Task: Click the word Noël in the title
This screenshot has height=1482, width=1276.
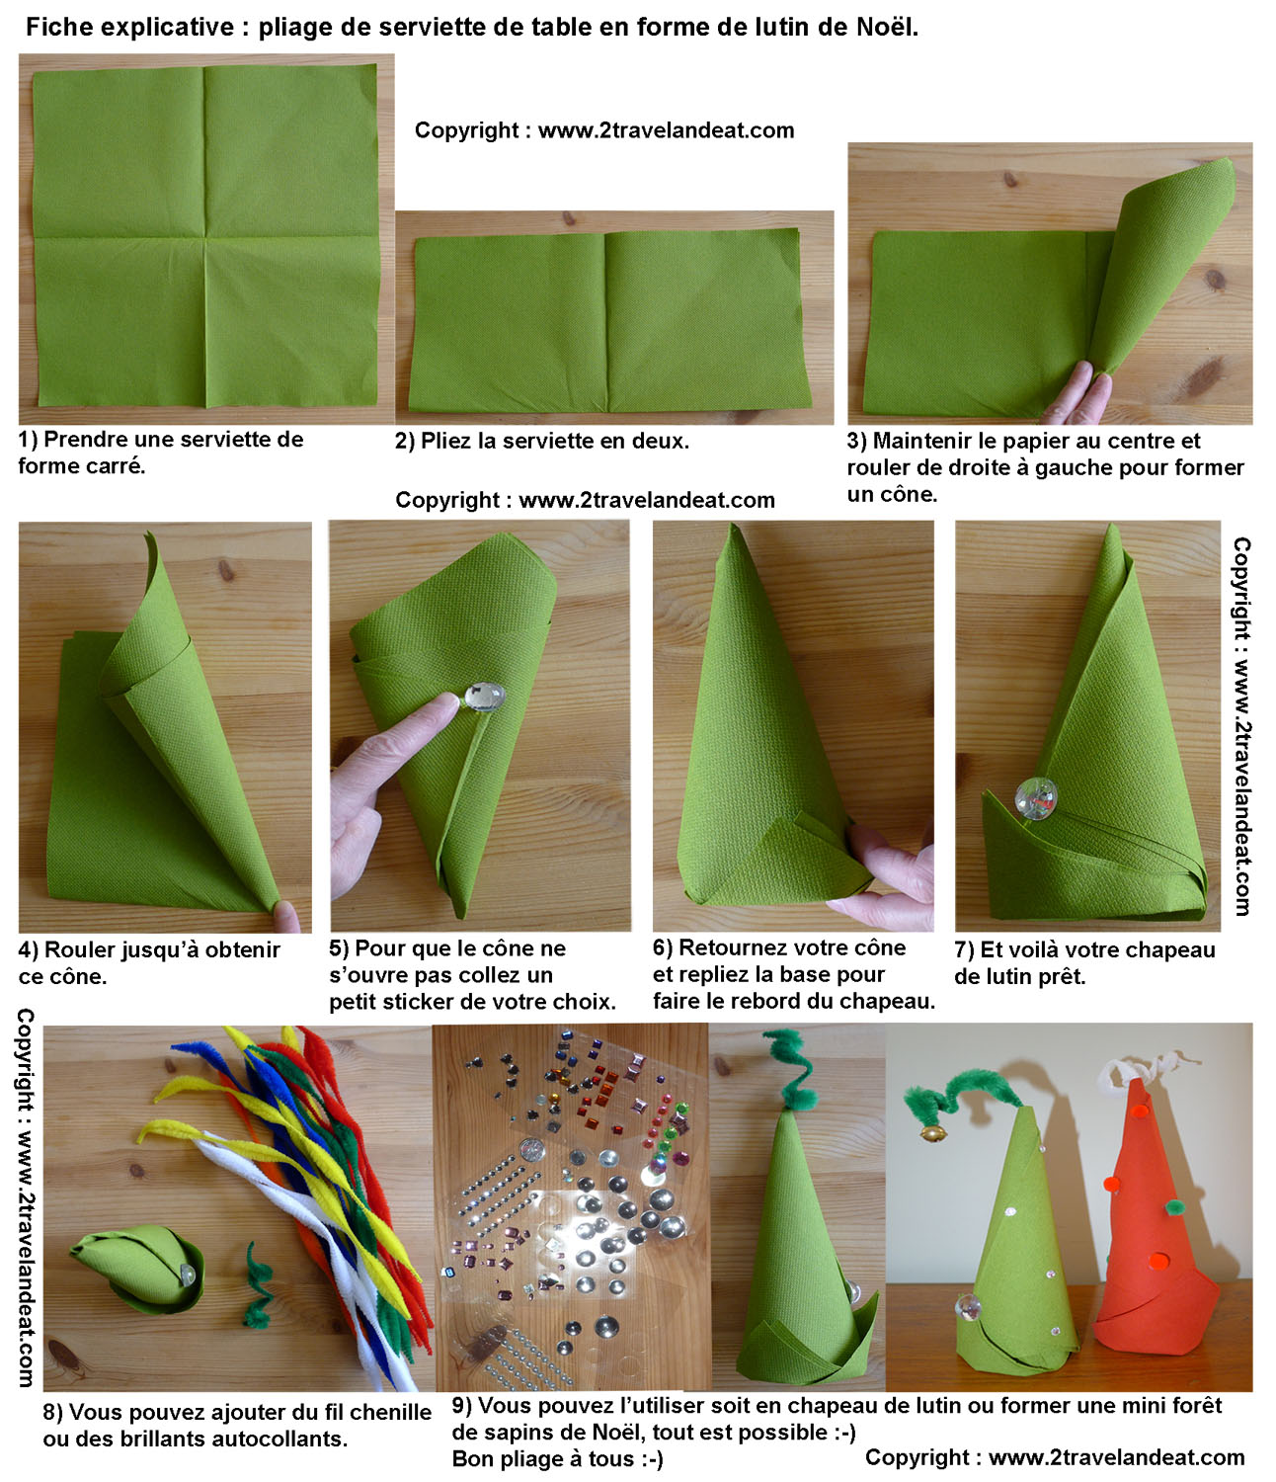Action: (x=887, y=28)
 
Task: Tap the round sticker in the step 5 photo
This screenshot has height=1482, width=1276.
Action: (x=485, y=696)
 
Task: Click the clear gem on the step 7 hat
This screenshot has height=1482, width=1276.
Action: (x=1037, y=798)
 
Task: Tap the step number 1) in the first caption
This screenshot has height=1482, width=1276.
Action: (x=28, y=439)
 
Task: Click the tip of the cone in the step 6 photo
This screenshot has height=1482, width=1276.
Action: (x=733, y=525)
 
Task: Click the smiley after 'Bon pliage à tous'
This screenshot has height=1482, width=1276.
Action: (x=651, y=1458)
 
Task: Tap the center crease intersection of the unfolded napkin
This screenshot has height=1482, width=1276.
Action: (x=205, y=237)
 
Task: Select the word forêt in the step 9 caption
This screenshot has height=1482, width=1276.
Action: (x=1197, y=1405)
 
